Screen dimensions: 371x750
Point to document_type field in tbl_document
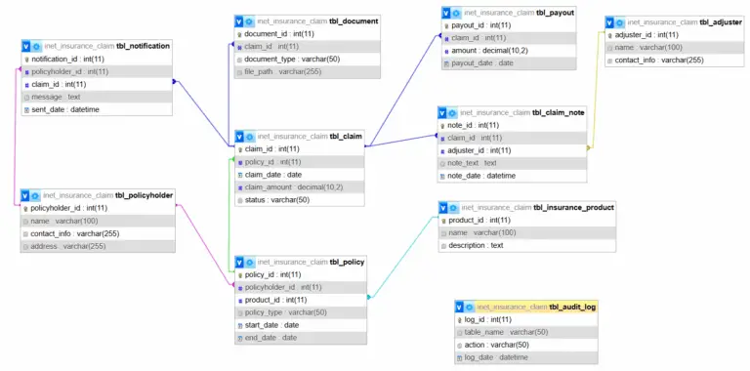284,59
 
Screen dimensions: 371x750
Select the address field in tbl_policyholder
67,246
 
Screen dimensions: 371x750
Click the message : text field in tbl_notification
56,97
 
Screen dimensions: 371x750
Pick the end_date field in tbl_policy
271,338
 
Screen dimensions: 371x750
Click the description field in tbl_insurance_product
476,245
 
